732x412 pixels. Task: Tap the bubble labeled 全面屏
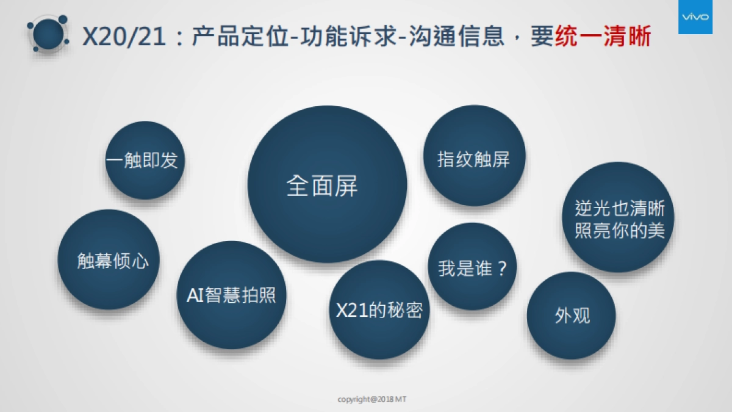pos(327,185)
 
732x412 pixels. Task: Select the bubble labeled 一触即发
pos(145,161)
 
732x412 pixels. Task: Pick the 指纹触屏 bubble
pos(474,159)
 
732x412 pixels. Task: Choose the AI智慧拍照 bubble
pos(231,295)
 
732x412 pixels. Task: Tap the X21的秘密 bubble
pos(379,309)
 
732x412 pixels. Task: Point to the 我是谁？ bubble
pos(473,267)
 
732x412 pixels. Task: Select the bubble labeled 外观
pos(572,316)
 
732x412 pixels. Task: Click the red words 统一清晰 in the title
pos(603,37)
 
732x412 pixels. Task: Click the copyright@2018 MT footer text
pos(372,399)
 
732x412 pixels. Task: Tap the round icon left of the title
pos(46,35)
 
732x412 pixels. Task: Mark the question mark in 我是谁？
pos(501,268)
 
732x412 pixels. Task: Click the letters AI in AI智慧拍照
pos(196,296)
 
